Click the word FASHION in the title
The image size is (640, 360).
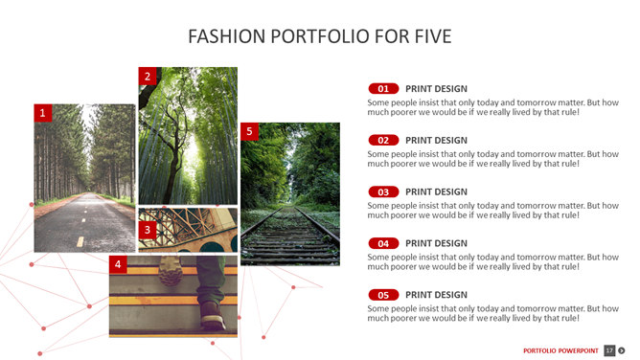226,36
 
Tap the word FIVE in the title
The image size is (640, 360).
433,36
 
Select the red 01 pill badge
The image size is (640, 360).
383,88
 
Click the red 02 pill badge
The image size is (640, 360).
383,140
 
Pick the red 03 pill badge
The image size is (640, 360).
383,191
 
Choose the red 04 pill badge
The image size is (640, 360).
383,243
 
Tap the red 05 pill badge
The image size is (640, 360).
383,295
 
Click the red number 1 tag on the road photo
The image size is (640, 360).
43,113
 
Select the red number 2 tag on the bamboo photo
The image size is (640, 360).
148,77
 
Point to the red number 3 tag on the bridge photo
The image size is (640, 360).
148,230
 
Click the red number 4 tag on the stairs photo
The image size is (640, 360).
118,264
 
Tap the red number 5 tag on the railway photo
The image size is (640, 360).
249,131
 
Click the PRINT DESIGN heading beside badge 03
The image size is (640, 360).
436,192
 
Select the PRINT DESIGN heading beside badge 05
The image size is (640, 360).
436,295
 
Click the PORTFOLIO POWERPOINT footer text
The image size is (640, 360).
560,350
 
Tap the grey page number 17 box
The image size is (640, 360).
609,350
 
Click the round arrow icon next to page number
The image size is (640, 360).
622,350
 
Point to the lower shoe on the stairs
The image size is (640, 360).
213,315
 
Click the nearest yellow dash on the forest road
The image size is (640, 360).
80,242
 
